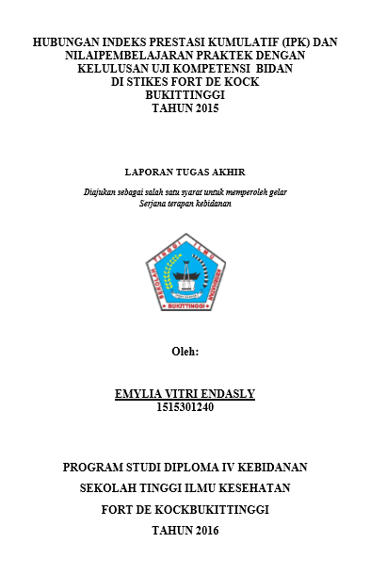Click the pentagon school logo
pyautogui.click(x=185, y=273)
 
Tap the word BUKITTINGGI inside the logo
pyautogui.click(x=185, y=306)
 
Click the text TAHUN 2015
pyautogui.click(x=185, y=108)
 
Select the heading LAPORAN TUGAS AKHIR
pyautogui.click(x=185, y=173)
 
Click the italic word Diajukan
pyautogui.click(x=102, y=191)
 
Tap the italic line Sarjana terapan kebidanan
pyautogui.click(x=185, y=203)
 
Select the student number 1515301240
pyautogui.click(x=185, y=407)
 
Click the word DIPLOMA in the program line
pyautogui.click(x=171, y=467)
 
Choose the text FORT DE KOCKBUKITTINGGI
pyautogui.click(x=185, y=509)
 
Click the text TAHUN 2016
pyautogui.click(x=185, y=531)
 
